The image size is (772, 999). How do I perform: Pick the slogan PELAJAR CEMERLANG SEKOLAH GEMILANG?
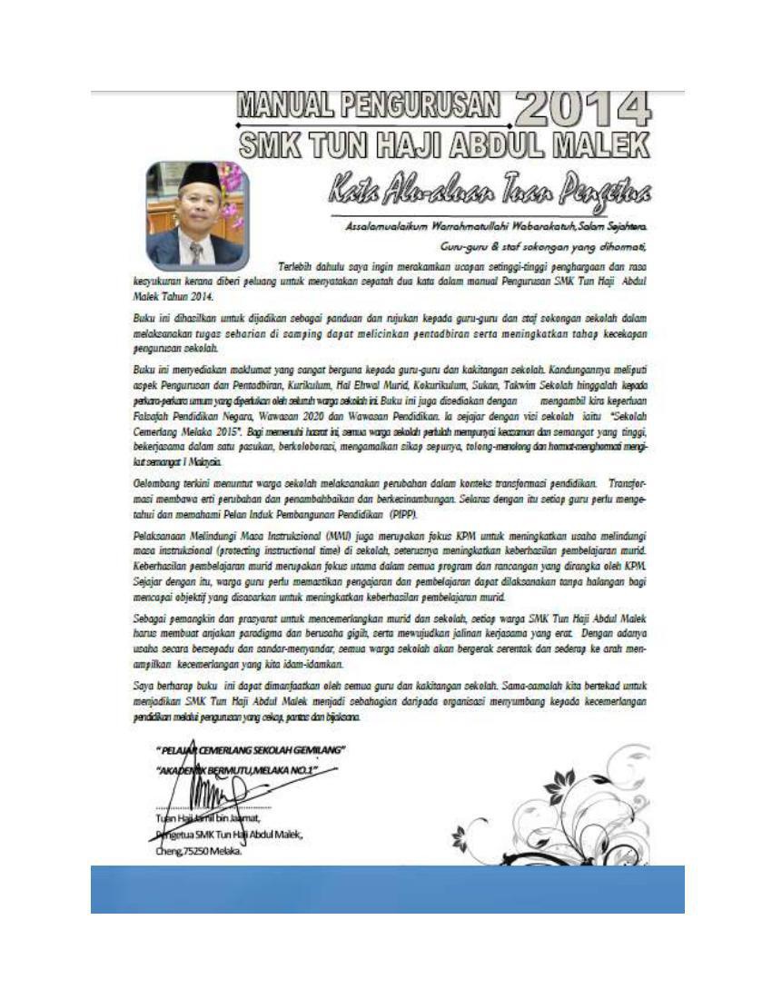click(x=250, y=749)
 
